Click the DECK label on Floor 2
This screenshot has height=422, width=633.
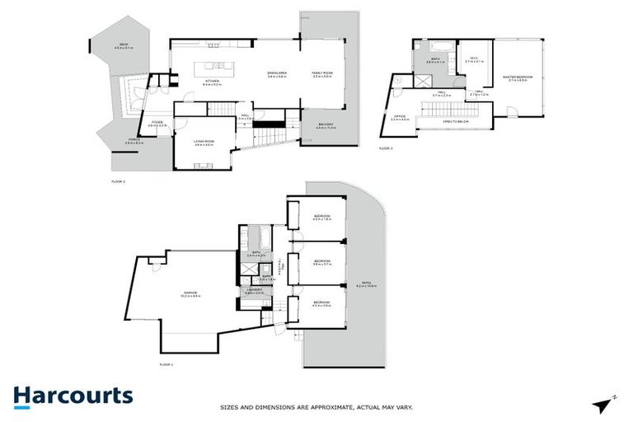point(124,45)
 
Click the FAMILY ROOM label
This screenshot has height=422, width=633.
point(321,74)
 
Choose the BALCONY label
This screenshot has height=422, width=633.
point(326,126)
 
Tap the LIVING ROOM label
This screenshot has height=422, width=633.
point(204,143)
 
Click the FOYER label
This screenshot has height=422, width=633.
point(157,124)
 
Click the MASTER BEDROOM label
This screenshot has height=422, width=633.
point(518,78)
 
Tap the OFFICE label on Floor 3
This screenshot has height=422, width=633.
point(400,118)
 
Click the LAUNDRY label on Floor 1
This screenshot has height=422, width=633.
point(254,291)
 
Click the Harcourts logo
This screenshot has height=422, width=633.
point(73,395)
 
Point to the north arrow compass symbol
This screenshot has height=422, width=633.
point(606,403)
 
